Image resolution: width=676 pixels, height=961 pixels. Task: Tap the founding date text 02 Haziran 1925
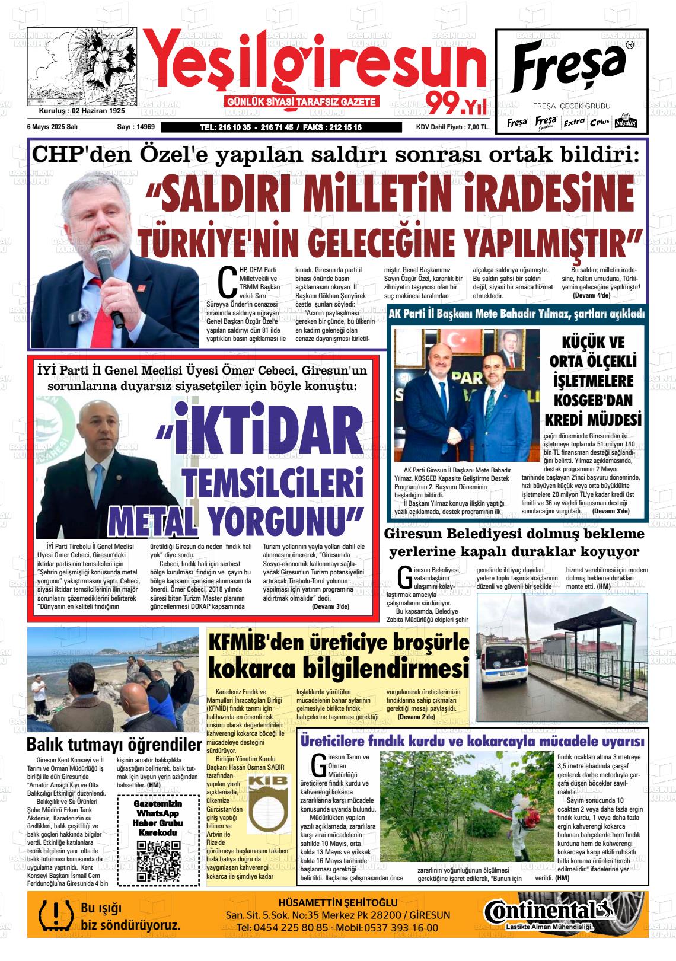coord(98,111)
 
